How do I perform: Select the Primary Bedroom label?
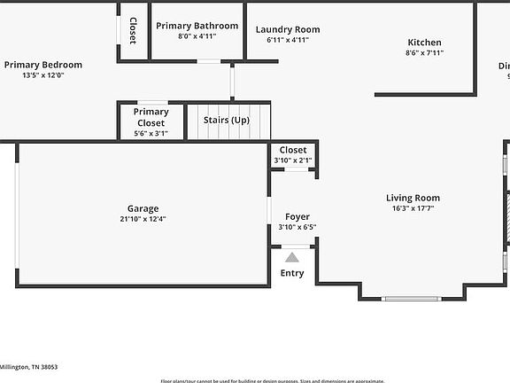coord(42,65)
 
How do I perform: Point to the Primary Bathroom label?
coord(197,27)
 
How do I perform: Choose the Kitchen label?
coord(424,43)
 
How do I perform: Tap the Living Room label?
coord(413,198)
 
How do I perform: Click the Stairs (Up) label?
coord(227,120)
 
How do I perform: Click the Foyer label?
coord(297,217)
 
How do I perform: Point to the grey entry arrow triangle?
coord(292,256)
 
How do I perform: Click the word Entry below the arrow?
coord(292,273)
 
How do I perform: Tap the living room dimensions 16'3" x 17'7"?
coord(413,209)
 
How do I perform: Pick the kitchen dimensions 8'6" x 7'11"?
coord(424,53)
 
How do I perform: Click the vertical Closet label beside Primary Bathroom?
coord(133,31)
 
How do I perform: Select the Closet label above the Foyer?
coord(293,151)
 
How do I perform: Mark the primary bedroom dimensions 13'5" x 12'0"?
coord(42,75)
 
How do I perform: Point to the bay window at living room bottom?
coord(410,299)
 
